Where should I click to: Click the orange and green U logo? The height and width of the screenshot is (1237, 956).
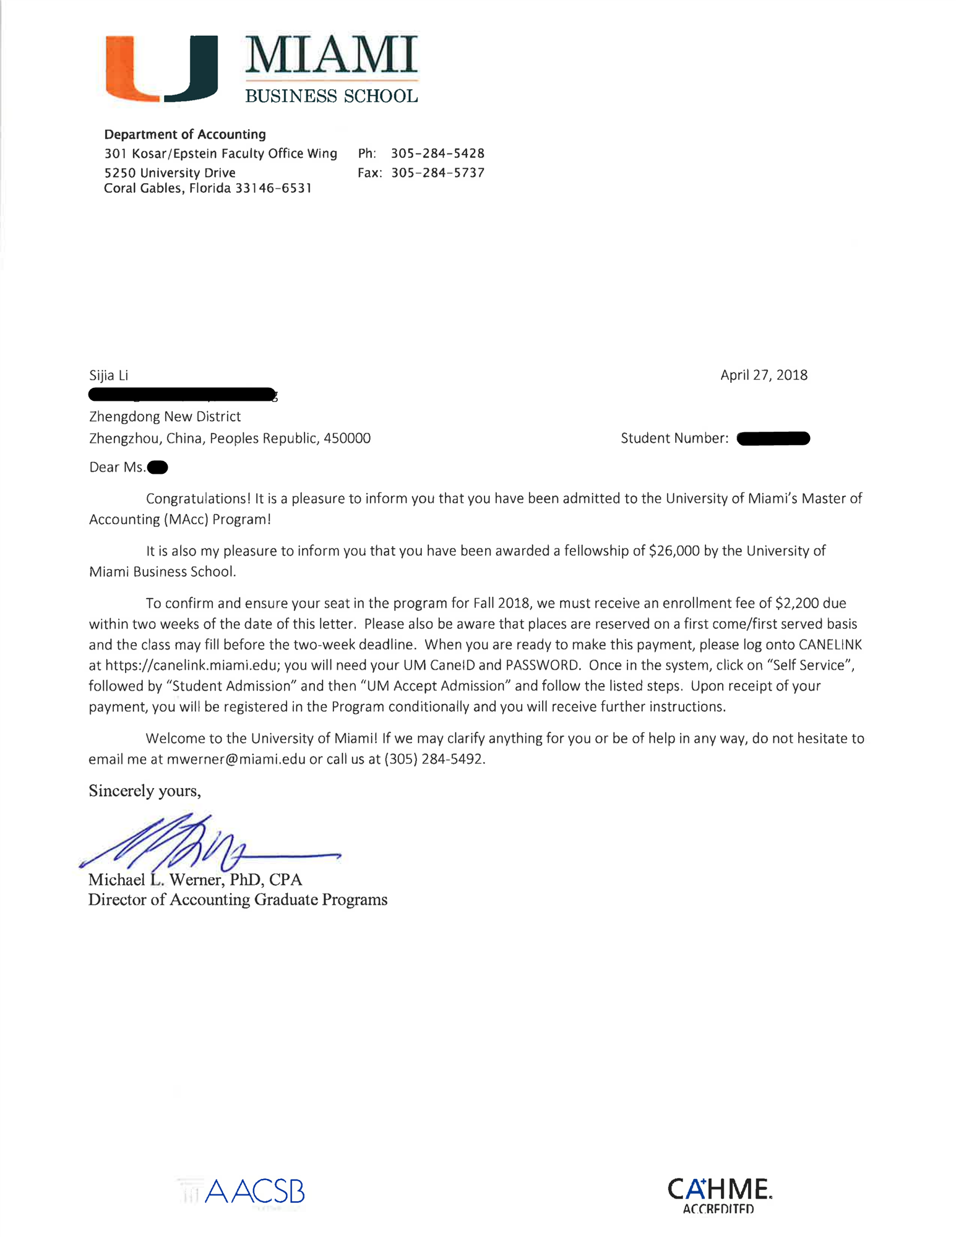tap(161, 68)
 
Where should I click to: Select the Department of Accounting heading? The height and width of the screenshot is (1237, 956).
tap(185, 134)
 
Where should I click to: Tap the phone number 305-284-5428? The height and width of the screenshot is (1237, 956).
tap(437, 153)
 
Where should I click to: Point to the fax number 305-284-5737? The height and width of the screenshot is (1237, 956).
tap(437, 173)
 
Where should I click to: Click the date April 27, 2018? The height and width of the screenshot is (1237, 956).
tap(764, 375)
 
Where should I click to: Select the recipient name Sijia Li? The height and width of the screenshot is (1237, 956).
tap(108, 375)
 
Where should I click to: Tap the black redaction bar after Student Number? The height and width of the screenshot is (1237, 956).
tap(773, 439)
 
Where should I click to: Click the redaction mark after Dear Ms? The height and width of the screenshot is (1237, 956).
tap(158, 467)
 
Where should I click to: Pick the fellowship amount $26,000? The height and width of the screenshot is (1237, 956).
tap(674, 550)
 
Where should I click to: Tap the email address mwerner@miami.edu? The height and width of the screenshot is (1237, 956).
tap(236, 759)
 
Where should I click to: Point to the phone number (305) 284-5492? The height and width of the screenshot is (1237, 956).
tap(434, 759)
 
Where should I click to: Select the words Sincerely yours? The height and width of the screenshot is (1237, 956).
tap(144, 790)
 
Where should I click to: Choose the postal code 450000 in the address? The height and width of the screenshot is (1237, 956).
tap(347, 439)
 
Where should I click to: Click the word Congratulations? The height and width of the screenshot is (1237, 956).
tap(198, 499)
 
